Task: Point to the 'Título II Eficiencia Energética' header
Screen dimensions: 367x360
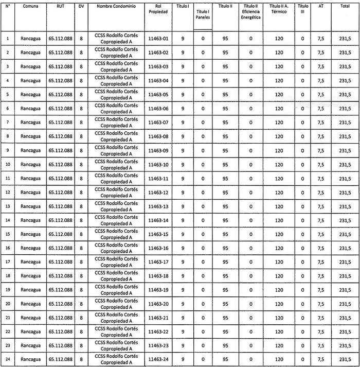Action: tap(250, 11)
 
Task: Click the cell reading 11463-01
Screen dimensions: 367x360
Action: tap(158, 39)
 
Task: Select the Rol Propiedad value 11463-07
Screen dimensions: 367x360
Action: tap(158, 123)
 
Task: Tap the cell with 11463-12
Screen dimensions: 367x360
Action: tap(158, 193)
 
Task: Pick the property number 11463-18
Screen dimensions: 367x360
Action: tap(158, 276)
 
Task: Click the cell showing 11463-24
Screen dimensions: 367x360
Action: tap(158, 359)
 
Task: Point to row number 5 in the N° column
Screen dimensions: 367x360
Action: tap(8, 95)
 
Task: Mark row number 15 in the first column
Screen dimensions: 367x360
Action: tap(8, 234)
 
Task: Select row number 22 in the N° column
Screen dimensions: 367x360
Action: tap(8, 331)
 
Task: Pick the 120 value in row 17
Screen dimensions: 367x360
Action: tap(279, 262)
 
